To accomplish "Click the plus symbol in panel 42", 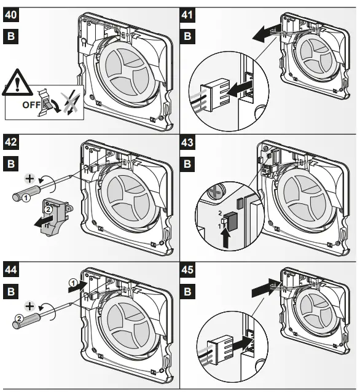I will click(x=27, y=178).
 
